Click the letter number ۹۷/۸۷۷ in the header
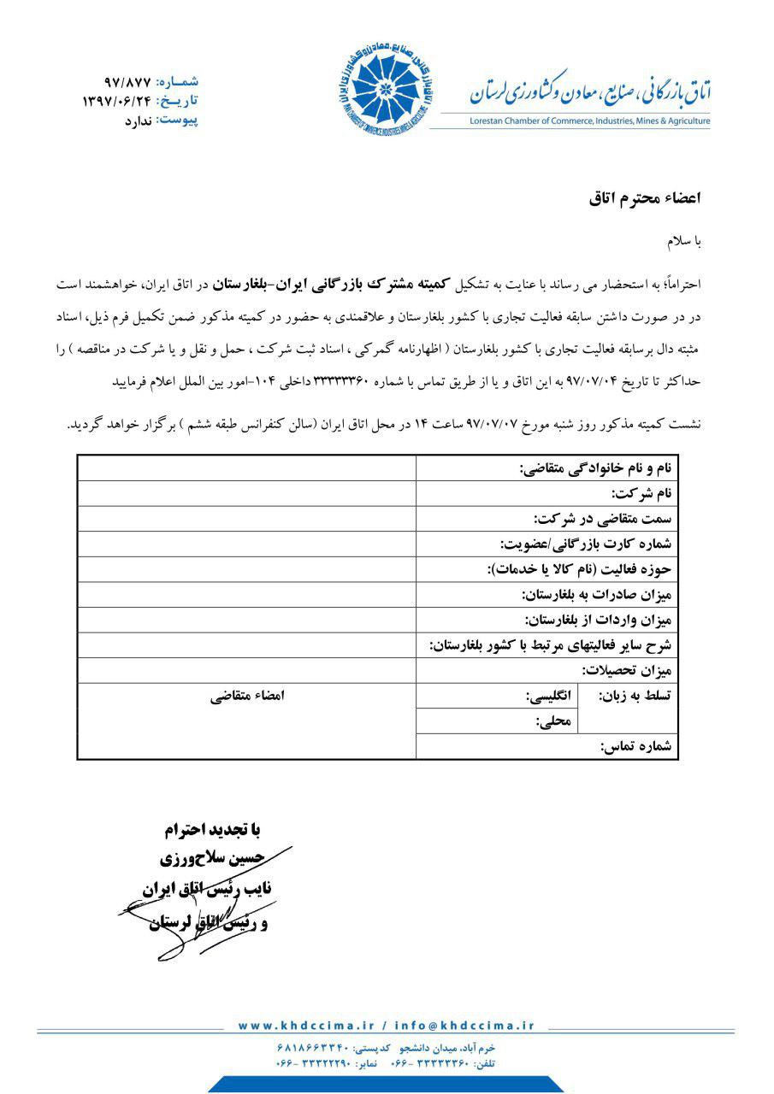point(127,83)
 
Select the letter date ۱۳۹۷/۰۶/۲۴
point(116,101)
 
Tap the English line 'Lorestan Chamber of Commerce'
point(589,121)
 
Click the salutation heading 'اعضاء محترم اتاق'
point(645,198)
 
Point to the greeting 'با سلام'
point(684,242)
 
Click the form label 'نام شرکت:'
point(641,493)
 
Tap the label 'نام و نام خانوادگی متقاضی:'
point(596,468)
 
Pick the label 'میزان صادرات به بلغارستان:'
point(597,594)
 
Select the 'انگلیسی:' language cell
point(548,696)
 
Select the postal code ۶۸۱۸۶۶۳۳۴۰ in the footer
point(312,1047)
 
